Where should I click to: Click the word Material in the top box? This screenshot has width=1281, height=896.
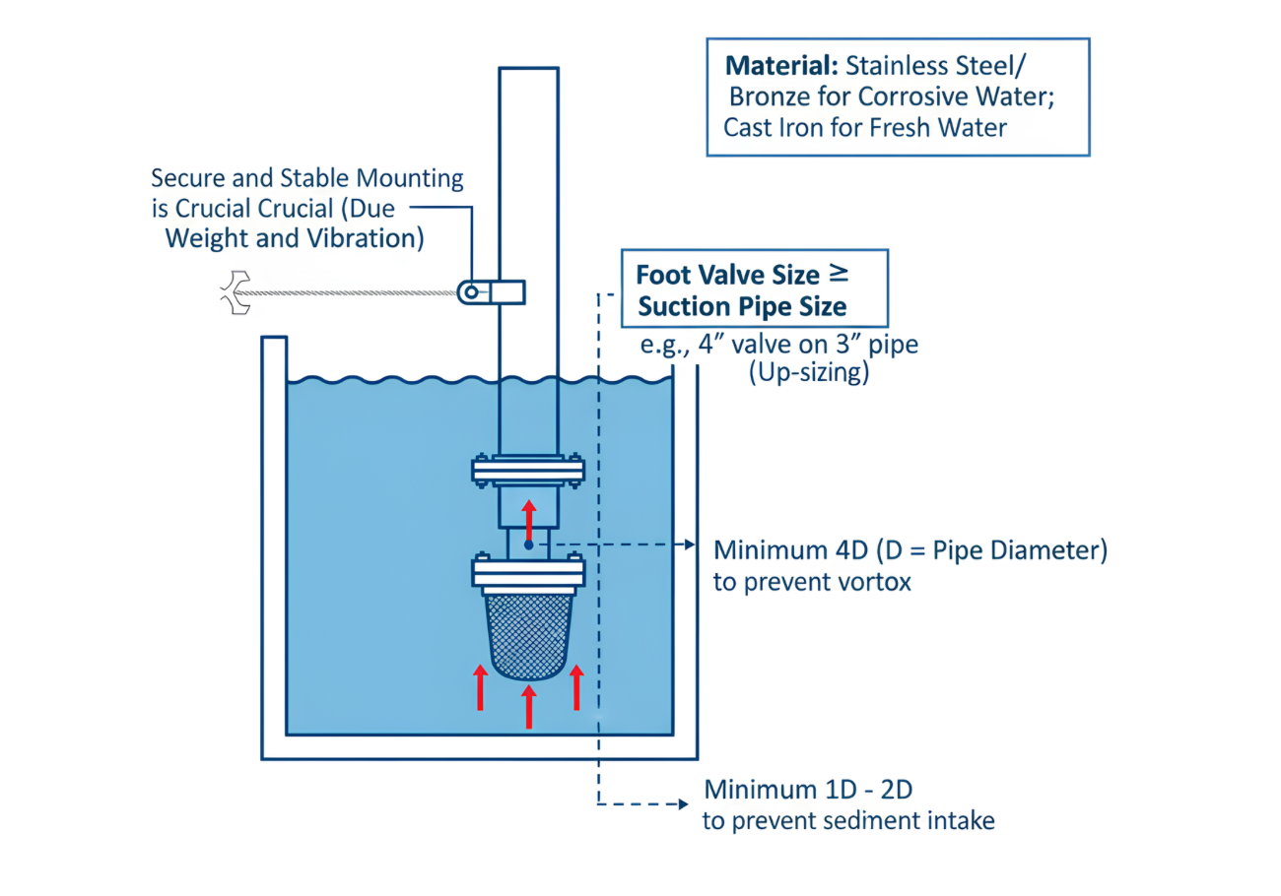click(779, 68)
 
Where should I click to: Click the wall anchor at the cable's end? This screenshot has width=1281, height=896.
click(234, 291)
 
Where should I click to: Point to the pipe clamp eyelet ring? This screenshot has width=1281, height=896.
click(472, 291)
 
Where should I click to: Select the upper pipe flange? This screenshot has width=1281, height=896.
click(528, 473)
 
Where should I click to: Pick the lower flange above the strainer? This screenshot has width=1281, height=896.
click(528, 571)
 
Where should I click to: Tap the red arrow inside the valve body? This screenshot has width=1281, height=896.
click(529, 519)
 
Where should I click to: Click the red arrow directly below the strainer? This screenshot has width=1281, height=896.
click(529, 707)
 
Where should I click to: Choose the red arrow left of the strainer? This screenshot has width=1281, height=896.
click(480, 687)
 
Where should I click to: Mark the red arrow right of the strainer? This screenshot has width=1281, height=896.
click(577, 687)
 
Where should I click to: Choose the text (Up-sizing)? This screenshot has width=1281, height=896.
click(808, 375)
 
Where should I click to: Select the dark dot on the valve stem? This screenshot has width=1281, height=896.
click(529, 544)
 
